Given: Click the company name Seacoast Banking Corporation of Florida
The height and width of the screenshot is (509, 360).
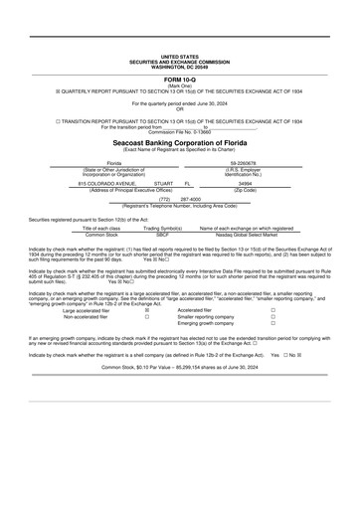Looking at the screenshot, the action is click(x=179, y=142).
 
